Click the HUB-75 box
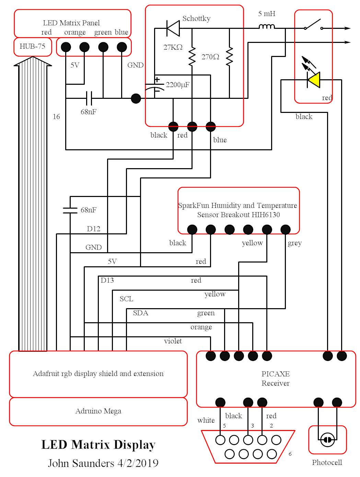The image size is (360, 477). point(32,46)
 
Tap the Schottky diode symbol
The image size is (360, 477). point(173,28)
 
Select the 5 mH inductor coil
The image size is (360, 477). point(266,26)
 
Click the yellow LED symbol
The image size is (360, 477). point(313,80)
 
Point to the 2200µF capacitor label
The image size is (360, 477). point(177,85)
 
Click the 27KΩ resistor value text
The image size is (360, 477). point(173,47)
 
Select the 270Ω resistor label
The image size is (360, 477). point(210,57)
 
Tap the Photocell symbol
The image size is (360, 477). point(327,440)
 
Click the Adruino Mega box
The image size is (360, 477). point(98,411)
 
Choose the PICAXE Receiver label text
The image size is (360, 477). point(276,378)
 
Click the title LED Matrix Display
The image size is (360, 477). point(98,445)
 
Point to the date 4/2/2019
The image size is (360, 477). point(138,463)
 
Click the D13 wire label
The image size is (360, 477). point(107,280)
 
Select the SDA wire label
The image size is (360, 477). point(141,313)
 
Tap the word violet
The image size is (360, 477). point(173,341)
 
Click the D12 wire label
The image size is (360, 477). point(93,229)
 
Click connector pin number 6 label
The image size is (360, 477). point(290,454)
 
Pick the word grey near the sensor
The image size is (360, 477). point(294,243)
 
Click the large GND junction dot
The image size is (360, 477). point(136,99)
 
